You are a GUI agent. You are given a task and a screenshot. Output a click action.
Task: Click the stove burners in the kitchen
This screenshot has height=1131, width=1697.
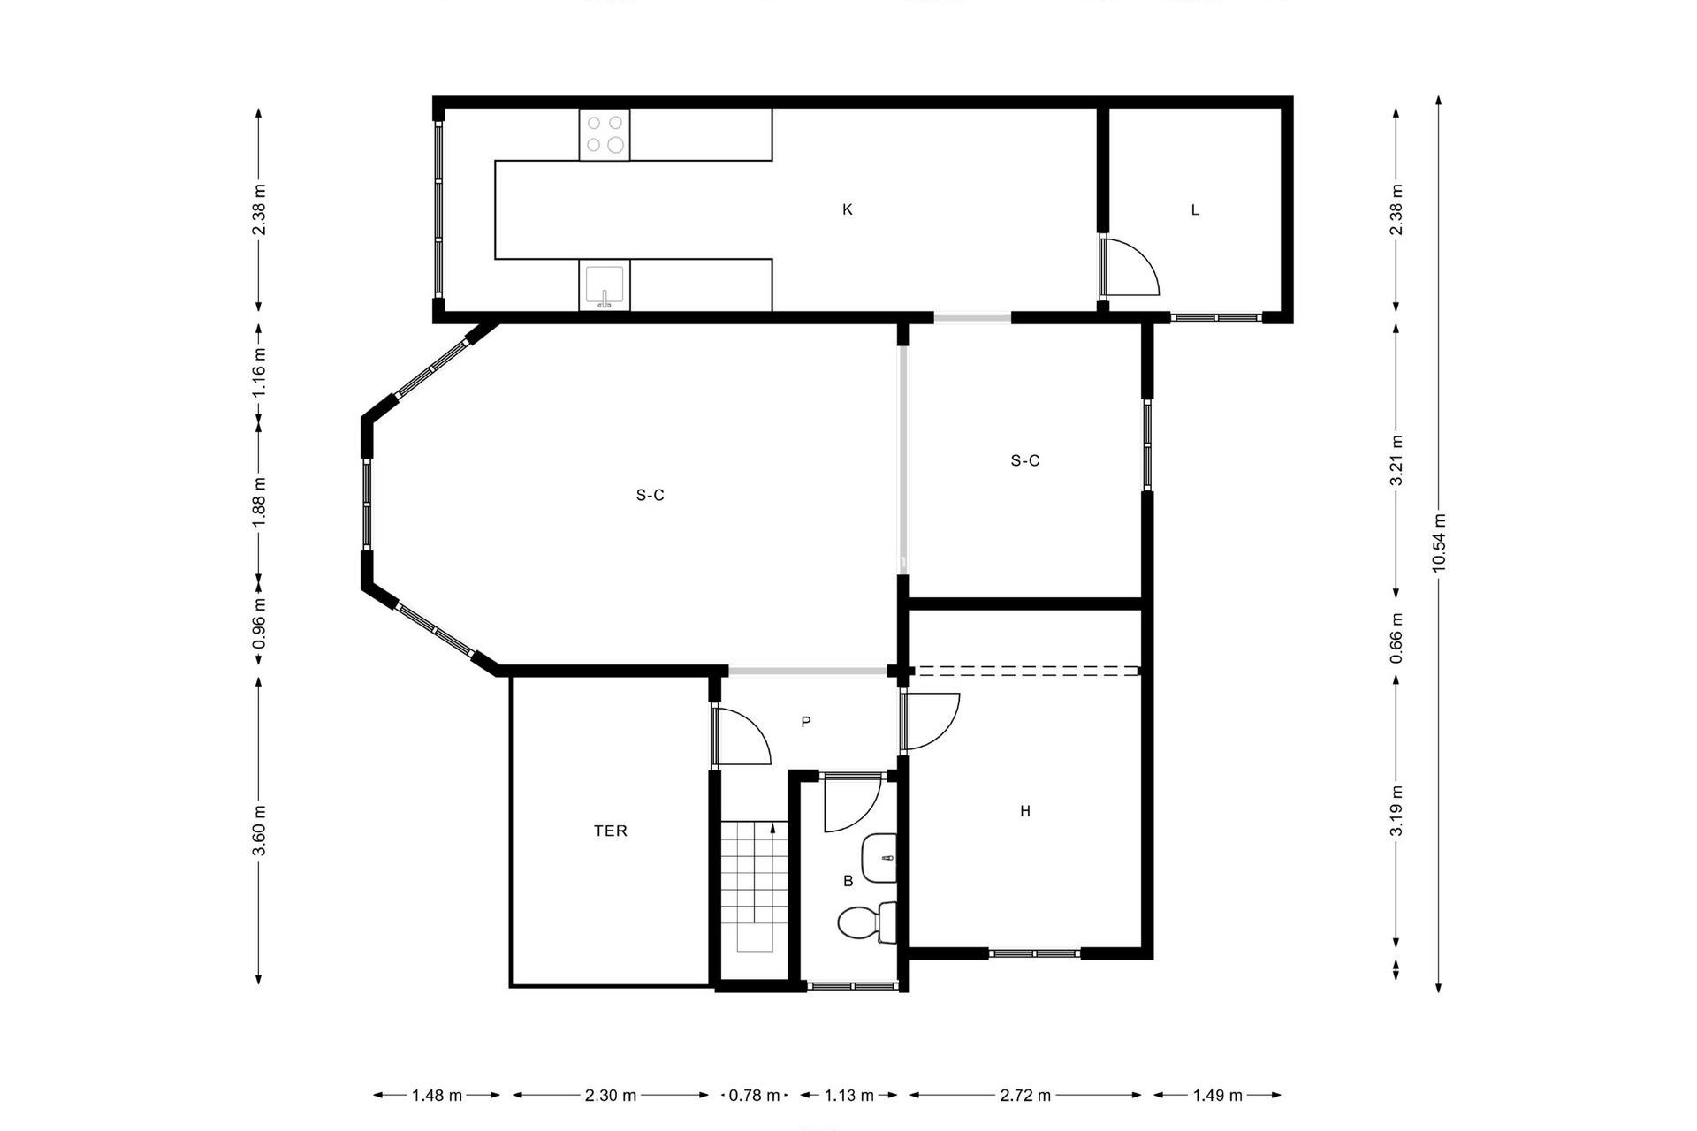click(x=605, y=134)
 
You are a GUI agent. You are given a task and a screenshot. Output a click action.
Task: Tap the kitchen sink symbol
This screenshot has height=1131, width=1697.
click(x=605, y=285)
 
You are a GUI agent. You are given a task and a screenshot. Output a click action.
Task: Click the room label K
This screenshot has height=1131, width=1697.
click(x=848, y=209)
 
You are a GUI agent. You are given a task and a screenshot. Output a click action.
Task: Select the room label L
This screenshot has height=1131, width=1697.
click(x=1195, y=210)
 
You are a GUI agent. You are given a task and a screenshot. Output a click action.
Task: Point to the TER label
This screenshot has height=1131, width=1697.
click(x=611, y=831)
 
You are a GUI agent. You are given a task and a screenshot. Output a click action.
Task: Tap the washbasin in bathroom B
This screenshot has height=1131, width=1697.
click(x=880, y=858)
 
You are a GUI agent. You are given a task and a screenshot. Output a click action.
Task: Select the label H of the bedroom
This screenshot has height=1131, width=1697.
click(x=1025, y=811)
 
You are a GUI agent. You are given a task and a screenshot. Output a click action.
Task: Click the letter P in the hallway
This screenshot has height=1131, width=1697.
click(x=806, y=722)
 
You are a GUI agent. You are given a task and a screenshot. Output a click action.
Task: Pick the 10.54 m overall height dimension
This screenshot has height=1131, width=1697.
click(x=1438, y=543)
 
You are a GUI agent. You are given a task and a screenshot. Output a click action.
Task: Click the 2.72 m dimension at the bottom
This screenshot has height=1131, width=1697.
click(x=1025, y=1096)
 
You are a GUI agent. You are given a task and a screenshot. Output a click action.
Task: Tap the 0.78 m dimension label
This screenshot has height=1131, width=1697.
click(x=754, y=1096)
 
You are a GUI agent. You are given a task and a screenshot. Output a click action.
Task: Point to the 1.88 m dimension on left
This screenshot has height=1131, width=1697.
click(x=259, y=502)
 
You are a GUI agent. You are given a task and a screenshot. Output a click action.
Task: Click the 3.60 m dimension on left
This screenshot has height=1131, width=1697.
click(x=259, y=831)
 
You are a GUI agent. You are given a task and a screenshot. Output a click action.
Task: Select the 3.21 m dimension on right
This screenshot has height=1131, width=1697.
click(x=1396, y=460)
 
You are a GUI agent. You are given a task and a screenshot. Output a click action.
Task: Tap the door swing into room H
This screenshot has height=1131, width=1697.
click(x=930, y=721)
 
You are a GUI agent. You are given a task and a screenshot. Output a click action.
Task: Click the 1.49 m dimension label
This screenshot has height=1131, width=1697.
click(x=1217, y=1096)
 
